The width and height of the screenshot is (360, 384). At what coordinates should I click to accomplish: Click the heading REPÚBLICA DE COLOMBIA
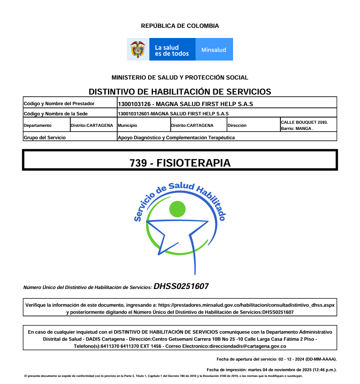click(180, 26)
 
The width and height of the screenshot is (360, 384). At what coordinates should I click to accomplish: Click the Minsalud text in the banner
click(214, 50)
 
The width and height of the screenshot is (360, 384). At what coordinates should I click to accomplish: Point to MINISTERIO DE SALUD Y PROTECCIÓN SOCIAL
click(180, 77)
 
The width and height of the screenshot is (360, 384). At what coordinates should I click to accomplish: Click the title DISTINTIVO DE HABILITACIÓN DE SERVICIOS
click(180, 91)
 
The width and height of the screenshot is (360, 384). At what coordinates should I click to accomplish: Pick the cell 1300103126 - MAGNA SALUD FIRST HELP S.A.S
click(185, 104)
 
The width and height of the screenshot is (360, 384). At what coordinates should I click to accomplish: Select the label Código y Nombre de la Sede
click(52, 114)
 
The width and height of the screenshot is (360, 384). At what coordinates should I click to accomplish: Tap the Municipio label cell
click(128, 125)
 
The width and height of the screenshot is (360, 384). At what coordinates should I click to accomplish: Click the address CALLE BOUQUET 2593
click(304, 122)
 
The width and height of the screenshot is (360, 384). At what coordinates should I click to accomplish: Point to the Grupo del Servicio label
click(45, 137)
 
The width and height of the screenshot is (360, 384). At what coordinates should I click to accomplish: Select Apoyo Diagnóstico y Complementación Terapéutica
click(176, 137)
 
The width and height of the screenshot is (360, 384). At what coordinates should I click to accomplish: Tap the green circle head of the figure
click(177, 209)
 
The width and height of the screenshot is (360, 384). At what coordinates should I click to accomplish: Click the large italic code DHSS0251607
click(181, 286)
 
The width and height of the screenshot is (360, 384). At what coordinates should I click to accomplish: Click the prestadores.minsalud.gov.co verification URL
click(246, 305)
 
